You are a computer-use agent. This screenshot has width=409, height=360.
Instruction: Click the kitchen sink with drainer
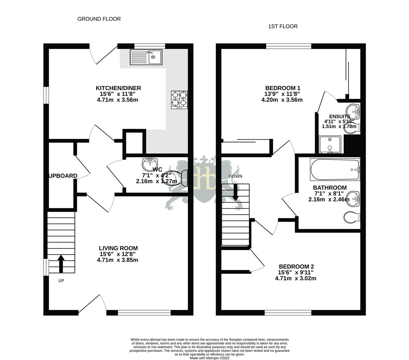point(146,57)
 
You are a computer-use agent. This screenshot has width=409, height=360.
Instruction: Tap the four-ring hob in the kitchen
point(179,100)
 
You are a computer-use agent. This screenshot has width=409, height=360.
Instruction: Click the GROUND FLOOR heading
point(99,19)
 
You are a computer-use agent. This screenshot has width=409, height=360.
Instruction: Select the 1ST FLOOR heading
point(283,26)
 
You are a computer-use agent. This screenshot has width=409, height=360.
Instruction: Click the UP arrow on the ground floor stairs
point(61,264)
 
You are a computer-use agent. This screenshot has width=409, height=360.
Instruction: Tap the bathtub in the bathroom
point(335,169)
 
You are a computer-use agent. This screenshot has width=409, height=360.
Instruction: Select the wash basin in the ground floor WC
point(150,164)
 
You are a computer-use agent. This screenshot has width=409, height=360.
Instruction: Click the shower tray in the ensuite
point(330,144)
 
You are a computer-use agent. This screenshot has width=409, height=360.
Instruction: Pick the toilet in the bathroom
point(351,218)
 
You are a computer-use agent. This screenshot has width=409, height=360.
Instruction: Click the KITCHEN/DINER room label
point(118,88)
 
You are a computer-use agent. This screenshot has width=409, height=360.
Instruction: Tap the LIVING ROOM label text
point(118,248)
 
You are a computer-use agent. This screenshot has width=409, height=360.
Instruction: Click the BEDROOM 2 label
point(296,266)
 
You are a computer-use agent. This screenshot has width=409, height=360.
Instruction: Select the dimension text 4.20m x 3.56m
point(282,100)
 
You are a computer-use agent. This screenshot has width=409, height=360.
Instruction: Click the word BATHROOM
point(329,188)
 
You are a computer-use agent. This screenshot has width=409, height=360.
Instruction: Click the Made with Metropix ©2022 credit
point(209,358)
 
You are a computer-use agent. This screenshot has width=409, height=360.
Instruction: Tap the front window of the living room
point(144,313)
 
